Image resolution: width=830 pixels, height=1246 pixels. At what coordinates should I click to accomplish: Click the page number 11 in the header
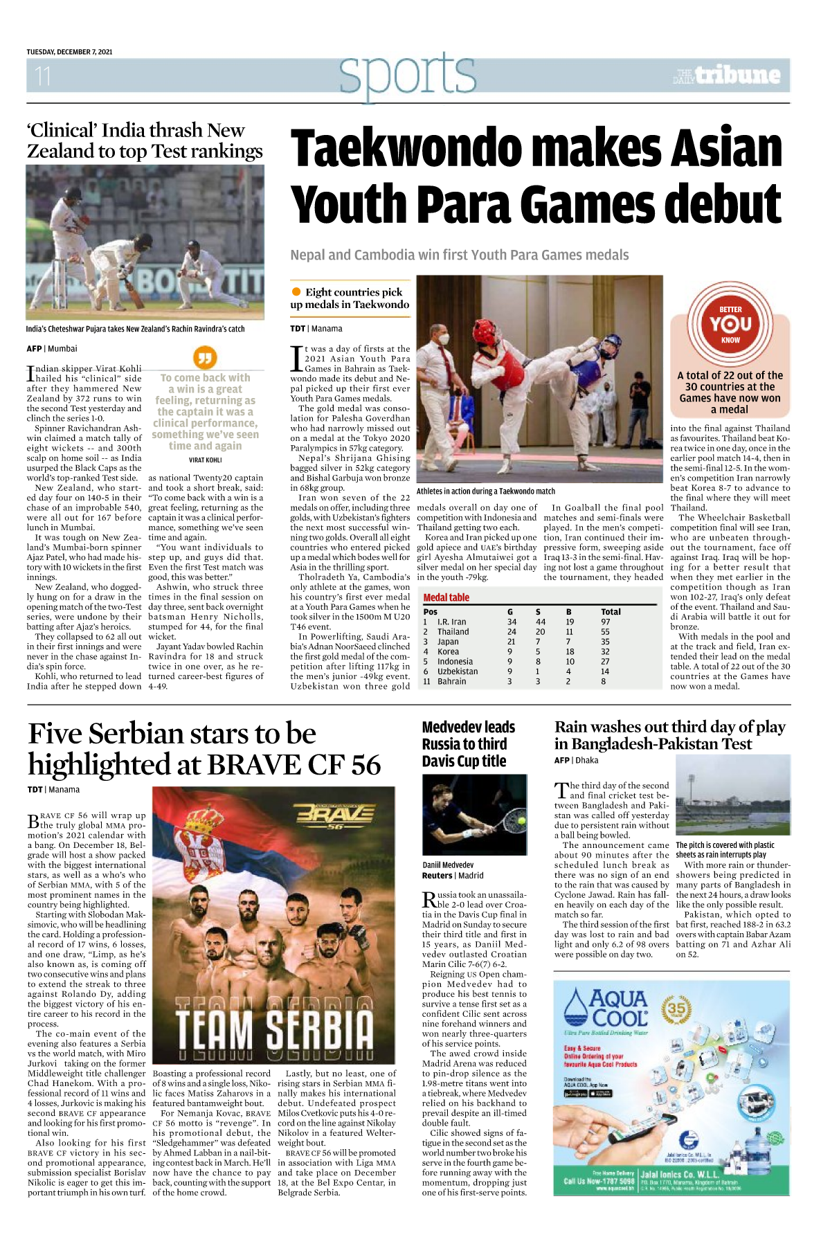click(x=43, y=75)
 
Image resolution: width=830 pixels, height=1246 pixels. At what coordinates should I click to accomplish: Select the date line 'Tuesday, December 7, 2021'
click(x=69, y=52)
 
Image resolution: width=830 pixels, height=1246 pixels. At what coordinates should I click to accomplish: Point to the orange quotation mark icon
click(x=204, y=357)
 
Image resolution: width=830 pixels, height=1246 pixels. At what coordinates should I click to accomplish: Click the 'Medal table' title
click(x=446, y=597)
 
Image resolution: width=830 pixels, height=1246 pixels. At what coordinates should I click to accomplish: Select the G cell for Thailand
click(x=512, y=631)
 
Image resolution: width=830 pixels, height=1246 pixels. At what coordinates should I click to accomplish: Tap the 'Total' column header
click(x=611, y=612)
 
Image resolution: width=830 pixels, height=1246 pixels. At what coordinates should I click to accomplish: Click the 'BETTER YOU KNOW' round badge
click(x=730, y=324)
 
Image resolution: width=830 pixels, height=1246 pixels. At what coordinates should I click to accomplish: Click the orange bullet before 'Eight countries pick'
click(x=296, y=292)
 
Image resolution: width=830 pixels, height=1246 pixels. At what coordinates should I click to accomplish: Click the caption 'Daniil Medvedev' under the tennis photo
click(x=448, y=865)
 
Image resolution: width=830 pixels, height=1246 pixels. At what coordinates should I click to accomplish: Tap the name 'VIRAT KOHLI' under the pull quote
click(x=205, y=460)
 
